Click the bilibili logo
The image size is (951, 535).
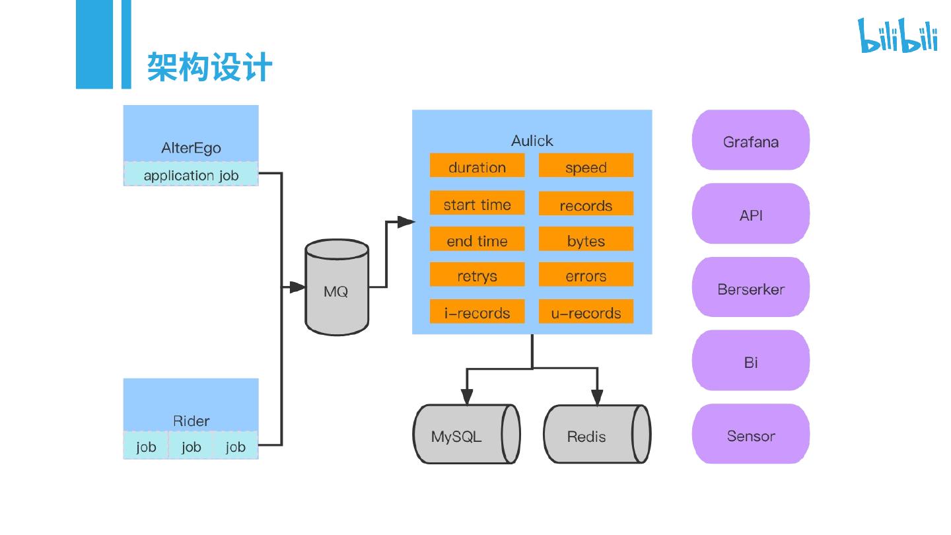897,36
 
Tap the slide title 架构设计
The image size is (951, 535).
209,67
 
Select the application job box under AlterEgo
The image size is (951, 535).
191,175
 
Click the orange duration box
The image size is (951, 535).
477,166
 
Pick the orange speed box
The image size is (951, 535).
586,166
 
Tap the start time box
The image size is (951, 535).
477,204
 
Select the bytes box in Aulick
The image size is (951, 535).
586,240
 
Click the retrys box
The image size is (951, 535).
477,275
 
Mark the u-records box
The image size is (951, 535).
586,312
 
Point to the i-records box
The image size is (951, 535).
477,312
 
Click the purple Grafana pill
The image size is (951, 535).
751,141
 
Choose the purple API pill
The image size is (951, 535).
751,214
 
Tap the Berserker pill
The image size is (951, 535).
751,288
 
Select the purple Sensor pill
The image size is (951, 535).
751,435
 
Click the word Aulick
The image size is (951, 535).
532,141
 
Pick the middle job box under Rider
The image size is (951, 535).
191,446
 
